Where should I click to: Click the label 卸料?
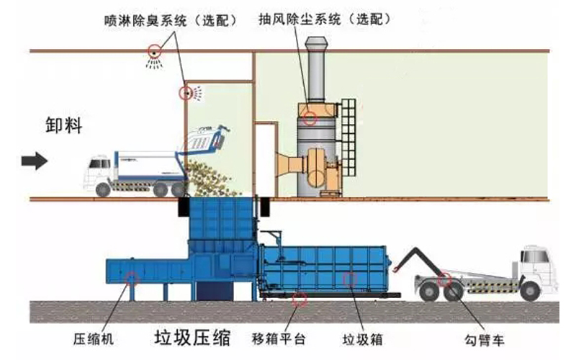63,125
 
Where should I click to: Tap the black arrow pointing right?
35,161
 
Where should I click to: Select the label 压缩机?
94,338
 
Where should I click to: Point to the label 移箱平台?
279,338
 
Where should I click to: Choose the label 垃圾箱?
363,339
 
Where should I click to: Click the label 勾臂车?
485,340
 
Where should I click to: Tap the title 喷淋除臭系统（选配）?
171,20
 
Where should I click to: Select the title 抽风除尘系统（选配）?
325,19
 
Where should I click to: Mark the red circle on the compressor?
131,279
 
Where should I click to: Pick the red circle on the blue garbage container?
350,279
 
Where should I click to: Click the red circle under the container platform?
300,300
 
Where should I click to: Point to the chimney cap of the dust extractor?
316,42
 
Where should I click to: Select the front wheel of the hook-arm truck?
530,291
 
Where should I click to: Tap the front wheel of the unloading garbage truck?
103,189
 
